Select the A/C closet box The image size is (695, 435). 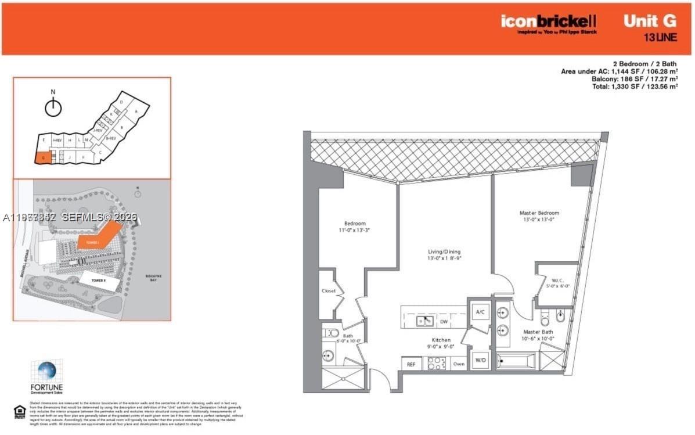pos(480,312)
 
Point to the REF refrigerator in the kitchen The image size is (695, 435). pos(410,364)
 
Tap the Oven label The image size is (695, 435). pos(458,364)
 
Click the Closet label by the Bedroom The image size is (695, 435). pos(329,291)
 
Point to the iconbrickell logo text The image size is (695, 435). pos(549,21)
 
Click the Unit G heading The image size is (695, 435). pos(649,21)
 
